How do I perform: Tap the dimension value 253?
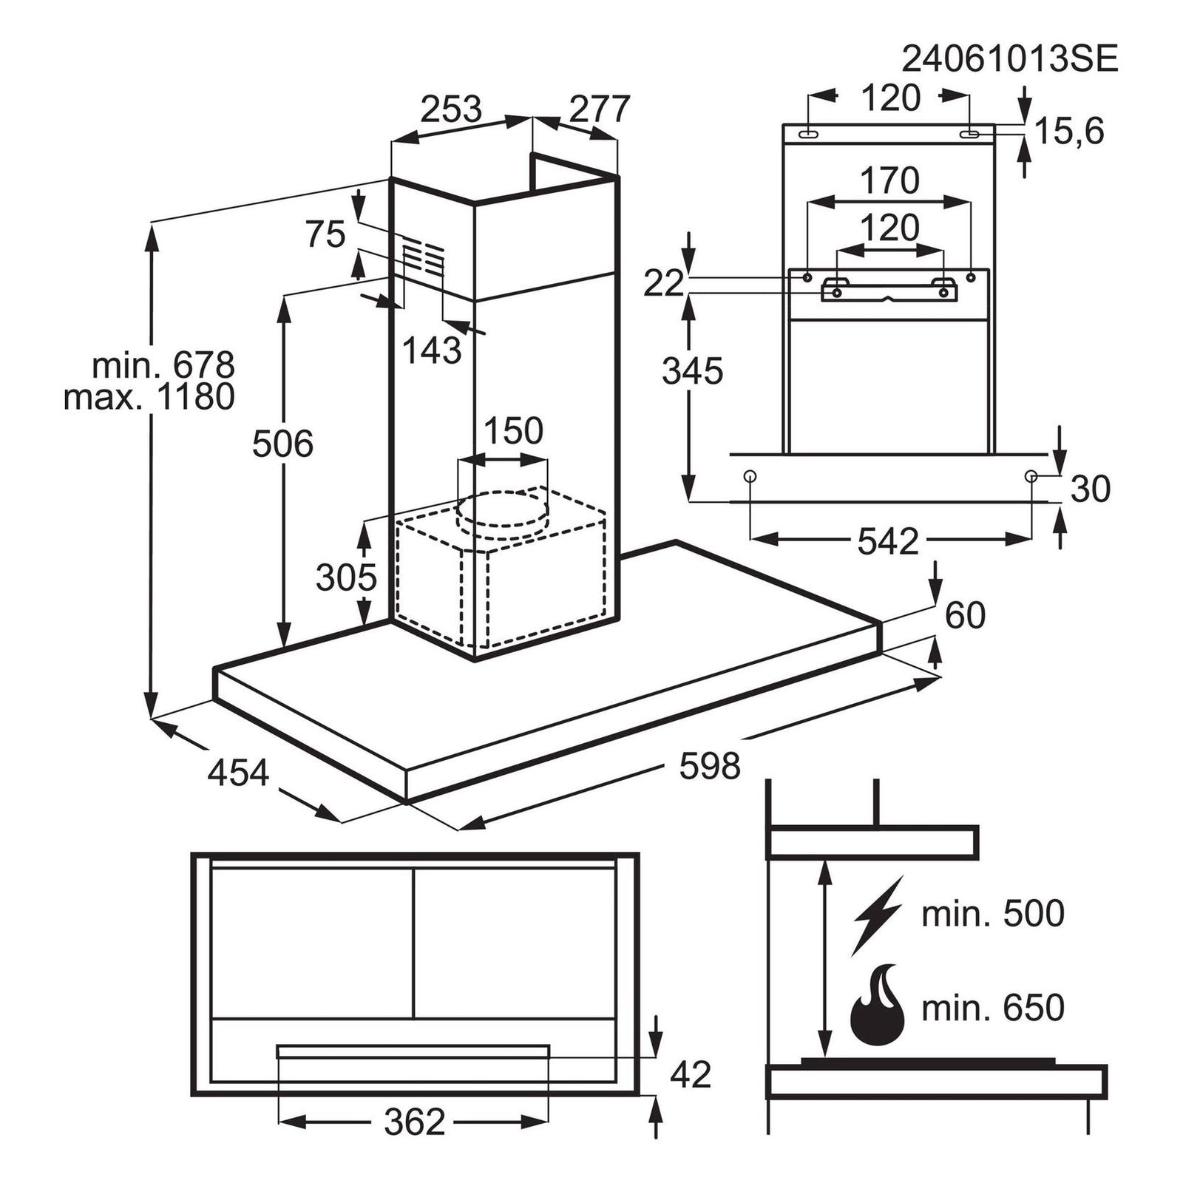451,109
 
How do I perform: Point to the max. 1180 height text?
149,397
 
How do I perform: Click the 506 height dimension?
282,444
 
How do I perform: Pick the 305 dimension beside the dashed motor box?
346,577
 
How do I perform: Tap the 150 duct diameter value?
513,430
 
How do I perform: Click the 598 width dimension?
710,766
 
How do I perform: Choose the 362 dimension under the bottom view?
415,1122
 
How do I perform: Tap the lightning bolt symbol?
878,915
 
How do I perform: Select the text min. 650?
993,1007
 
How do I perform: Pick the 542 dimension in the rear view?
888,542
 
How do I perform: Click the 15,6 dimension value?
1069,132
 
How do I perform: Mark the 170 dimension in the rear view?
889,180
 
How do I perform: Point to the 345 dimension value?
692,371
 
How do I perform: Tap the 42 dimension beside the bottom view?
691,1074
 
